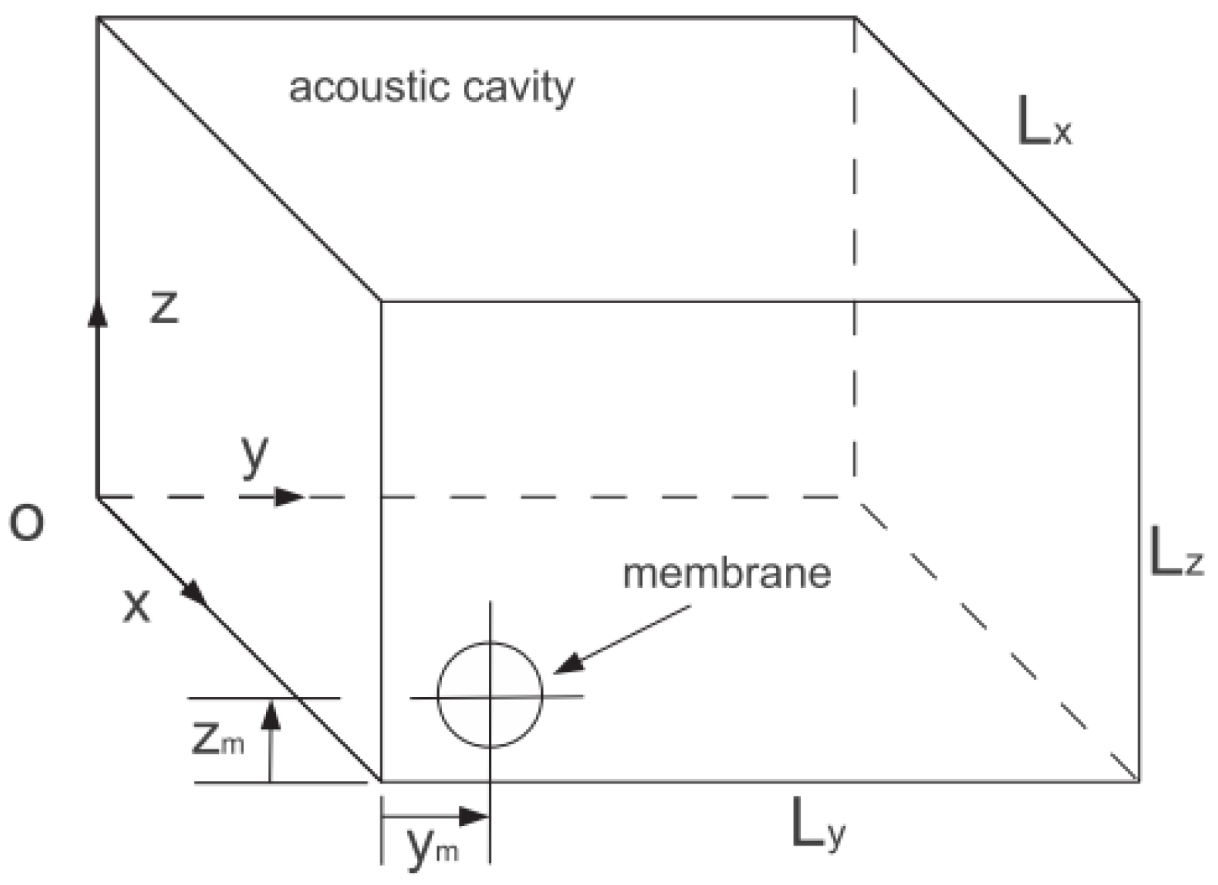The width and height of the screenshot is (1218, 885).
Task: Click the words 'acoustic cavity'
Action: click(431, 88)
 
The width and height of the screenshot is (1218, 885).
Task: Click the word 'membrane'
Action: click(727, 573)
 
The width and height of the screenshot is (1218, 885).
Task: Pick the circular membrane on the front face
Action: click(490, 695)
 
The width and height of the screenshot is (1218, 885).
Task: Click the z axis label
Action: click(164, 307)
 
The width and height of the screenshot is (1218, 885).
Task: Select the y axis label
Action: click(255, 456)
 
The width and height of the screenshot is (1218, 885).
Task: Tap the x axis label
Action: click(136, 605)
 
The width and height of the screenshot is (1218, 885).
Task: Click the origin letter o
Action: click(27, 522)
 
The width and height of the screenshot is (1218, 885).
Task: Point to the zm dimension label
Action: click(218, 739)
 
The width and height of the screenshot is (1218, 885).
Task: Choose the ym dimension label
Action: click(432, 848)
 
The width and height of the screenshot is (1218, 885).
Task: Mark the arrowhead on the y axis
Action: click(289, 497)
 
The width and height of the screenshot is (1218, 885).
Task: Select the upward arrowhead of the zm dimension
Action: click(271, 715)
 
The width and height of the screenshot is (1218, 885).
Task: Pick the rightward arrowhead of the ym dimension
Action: click(474, 817)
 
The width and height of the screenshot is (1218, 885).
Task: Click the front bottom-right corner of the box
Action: click(1138, 780)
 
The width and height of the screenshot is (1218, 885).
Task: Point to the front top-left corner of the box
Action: click(380, 301)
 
